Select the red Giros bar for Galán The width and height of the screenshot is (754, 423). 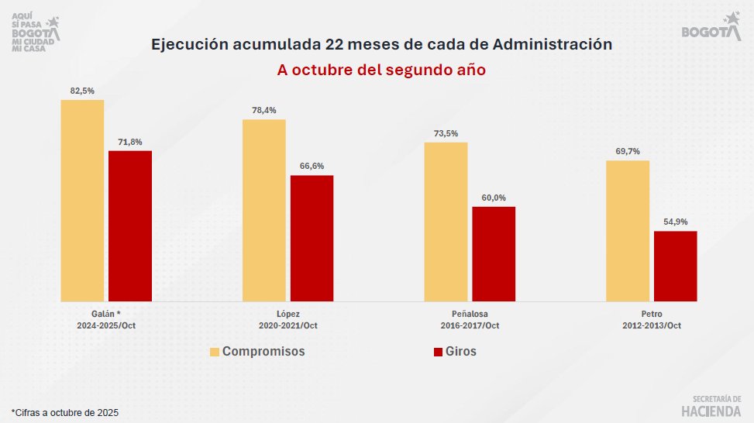[130, 225]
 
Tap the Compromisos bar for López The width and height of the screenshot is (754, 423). [263, 210]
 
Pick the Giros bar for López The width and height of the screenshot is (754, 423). [312, 238]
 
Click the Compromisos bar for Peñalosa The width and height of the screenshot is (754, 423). [446, 222]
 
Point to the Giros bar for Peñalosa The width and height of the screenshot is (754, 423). [494, 253]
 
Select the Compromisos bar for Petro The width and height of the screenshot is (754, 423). [627, 231]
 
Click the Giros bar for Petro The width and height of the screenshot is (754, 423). [675, 266]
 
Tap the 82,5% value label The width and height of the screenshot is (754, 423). [82, 91]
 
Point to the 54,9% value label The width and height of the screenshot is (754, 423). [675, 222]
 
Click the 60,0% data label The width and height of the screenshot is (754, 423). [494, 198]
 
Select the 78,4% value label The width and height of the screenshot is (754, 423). [263, 110]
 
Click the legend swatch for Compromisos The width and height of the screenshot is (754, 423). [215, 352]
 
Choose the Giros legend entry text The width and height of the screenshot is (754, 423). [462, 352]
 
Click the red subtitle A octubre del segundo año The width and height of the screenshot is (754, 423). [381, 69]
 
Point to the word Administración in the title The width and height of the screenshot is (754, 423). [554, 44]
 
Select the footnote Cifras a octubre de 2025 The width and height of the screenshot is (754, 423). [65, 412]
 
